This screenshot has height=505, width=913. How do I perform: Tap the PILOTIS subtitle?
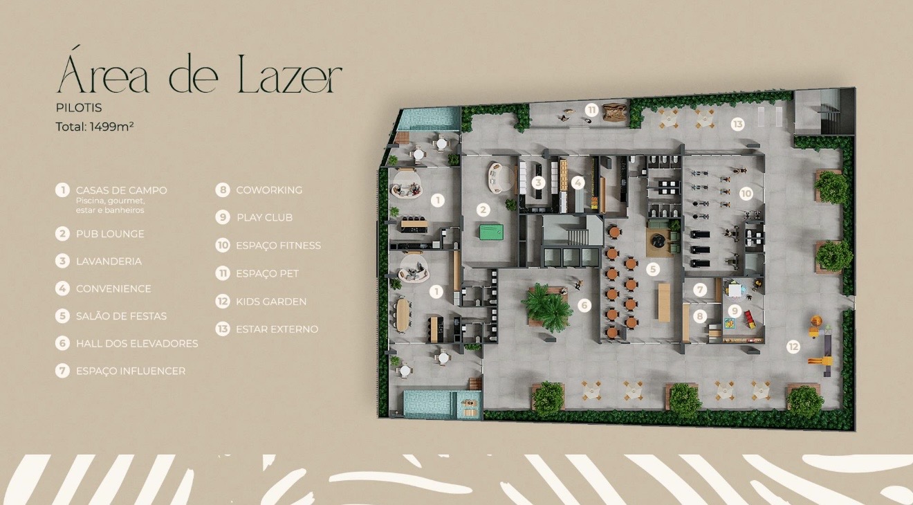point(79,108)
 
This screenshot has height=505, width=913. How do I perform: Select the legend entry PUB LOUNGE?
point(110,234)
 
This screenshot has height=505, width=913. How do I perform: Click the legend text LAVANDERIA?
point(109,261)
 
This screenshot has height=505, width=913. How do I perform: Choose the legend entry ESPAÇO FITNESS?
point(278,246)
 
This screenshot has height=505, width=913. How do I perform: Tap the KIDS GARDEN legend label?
point(271,302)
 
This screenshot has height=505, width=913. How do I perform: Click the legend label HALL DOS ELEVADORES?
point(137,344)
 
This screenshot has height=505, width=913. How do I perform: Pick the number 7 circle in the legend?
point(62,371)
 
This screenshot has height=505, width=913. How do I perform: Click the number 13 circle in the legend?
point(223,329)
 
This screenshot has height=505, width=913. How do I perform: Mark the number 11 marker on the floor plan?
point(591,110)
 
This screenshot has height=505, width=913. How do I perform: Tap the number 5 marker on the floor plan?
point(653,269)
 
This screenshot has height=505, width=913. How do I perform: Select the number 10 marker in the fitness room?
point(746,193)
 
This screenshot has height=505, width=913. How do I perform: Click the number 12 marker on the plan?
point(793,347)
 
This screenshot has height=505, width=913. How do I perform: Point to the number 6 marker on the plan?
point(584,305)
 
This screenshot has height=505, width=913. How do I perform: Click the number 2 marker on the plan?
point(483,210)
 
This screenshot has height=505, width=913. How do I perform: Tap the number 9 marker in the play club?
point(735,311)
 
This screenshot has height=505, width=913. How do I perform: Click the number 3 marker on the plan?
point(538,183)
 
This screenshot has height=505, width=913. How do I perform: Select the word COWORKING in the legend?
point(269,190)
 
